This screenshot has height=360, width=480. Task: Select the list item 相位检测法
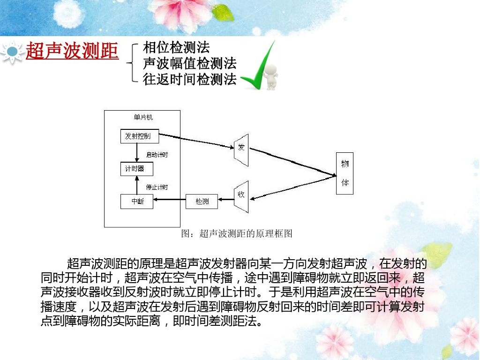pos(176,47)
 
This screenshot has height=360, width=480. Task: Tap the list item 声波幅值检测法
pos(189,63)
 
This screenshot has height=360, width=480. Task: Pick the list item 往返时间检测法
pos(189,79)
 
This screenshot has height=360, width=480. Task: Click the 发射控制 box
pos(139,136)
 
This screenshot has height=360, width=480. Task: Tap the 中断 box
pos(137,202)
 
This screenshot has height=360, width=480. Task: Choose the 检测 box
pos(202,202)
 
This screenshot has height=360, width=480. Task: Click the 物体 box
pos(345,173)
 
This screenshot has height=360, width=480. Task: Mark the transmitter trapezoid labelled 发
pos(241,150)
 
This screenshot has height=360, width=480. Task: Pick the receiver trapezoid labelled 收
pos(241,195)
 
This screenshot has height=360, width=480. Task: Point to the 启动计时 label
pos(157,155)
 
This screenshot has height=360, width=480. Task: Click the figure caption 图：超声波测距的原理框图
pos(236,233)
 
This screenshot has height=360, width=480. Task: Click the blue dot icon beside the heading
pos(13,51)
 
